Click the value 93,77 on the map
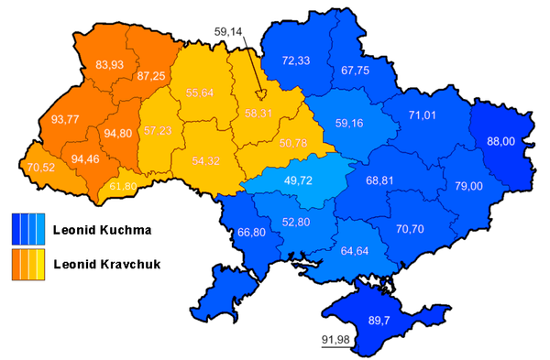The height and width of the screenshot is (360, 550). pyautogui.click(x=64, y=118)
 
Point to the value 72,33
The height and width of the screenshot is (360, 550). pyautogui.click(x=295, y=60)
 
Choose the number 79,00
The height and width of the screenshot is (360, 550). pyautogui.click(x=467, y=186)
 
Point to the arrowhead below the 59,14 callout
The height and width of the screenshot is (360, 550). pyautogui.click(x=260, y=94)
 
